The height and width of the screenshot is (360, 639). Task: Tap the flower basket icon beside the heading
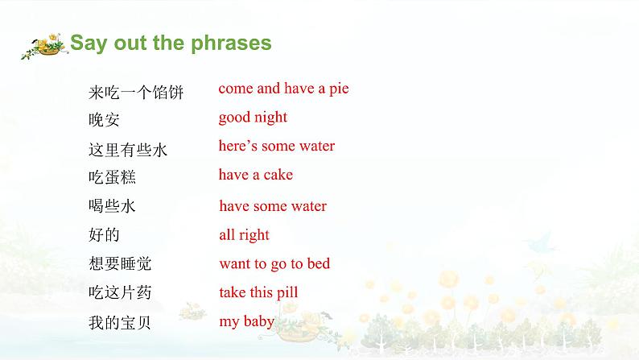(44, 46)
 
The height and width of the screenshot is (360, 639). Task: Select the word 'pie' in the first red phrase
(339, 89)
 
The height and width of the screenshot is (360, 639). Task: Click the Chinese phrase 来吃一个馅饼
(136, 92)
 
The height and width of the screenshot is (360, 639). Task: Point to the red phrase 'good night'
(253, 118)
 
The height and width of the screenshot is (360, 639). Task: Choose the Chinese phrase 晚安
(104, 120)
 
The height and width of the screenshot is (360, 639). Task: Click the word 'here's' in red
(238, 146)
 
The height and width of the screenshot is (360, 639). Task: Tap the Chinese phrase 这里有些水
(128, 150)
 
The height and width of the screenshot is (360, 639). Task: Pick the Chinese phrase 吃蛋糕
(112, 177)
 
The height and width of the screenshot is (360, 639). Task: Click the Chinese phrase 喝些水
(112, 205)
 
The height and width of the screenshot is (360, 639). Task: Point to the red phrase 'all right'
(244, 235)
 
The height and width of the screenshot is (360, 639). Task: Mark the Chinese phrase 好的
(104, 235)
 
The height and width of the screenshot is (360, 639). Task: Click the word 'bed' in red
(319, 263)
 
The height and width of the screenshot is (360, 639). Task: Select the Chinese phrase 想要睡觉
(120, 263)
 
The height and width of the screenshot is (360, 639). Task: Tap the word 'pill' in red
(287, 292)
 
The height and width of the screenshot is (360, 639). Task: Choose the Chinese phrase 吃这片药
(120, 292)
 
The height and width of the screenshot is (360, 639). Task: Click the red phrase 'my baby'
(246, 321)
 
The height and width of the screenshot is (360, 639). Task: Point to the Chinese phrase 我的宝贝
(120, 322)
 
